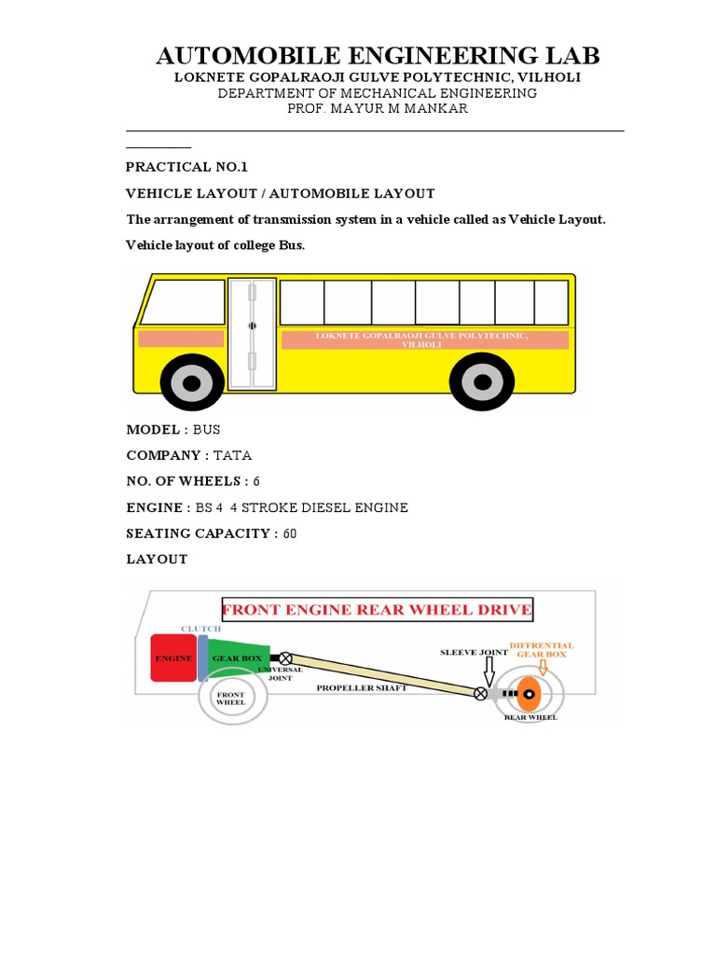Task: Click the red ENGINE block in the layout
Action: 172,657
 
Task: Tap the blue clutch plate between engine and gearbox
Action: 202,657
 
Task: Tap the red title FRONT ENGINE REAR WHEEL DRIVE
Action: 377,611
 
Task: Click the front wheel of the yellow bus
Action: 192,382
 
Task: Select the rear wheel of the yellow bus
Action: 481,382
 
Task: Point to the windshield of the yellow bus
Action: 183,302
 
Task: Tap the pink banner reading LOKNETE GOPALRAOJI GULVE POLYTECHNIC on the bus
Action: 424,339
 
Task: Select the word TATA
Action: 233,455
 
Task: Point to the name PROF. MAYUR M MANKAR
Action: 377,109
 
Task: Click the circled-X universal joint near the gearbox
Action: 285,658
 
